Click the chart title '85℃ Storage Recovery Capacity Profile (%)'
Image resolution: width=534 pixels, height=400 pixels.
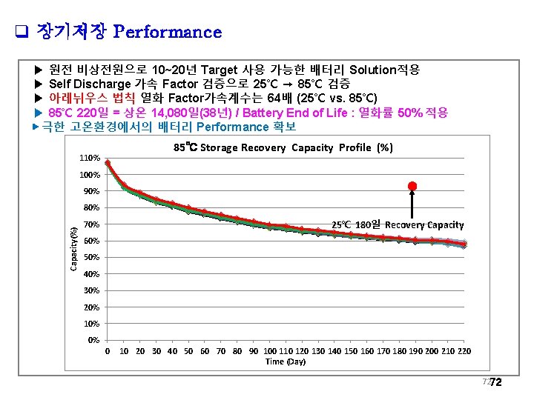point(283,147)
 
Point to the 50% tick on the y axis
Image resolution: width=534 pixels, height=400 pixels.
point(91,258)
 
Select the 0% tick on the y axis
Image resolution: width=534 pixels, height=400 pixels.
point(93,341)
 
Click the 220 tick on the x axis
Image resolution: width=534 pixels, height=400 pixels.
point(465,351)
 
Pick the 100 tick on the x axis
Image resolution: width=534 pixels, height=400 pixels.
point(270,351)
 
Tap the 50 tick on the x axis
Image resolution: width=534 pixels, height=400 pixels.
point(188,351)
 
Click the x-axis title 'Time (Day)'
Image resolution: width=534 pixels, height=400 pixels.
point(286,361)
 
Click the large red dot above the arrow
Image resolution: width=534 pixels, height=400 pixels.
point(412,185)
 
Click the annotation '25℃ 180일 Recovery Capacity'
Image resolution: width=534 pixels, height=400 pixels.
point(398,224)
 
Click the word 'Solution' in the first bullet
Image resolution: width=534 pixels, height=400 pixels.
point(374,70)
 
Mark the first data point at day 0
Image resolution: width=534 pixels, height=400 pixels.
point(108,163)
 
